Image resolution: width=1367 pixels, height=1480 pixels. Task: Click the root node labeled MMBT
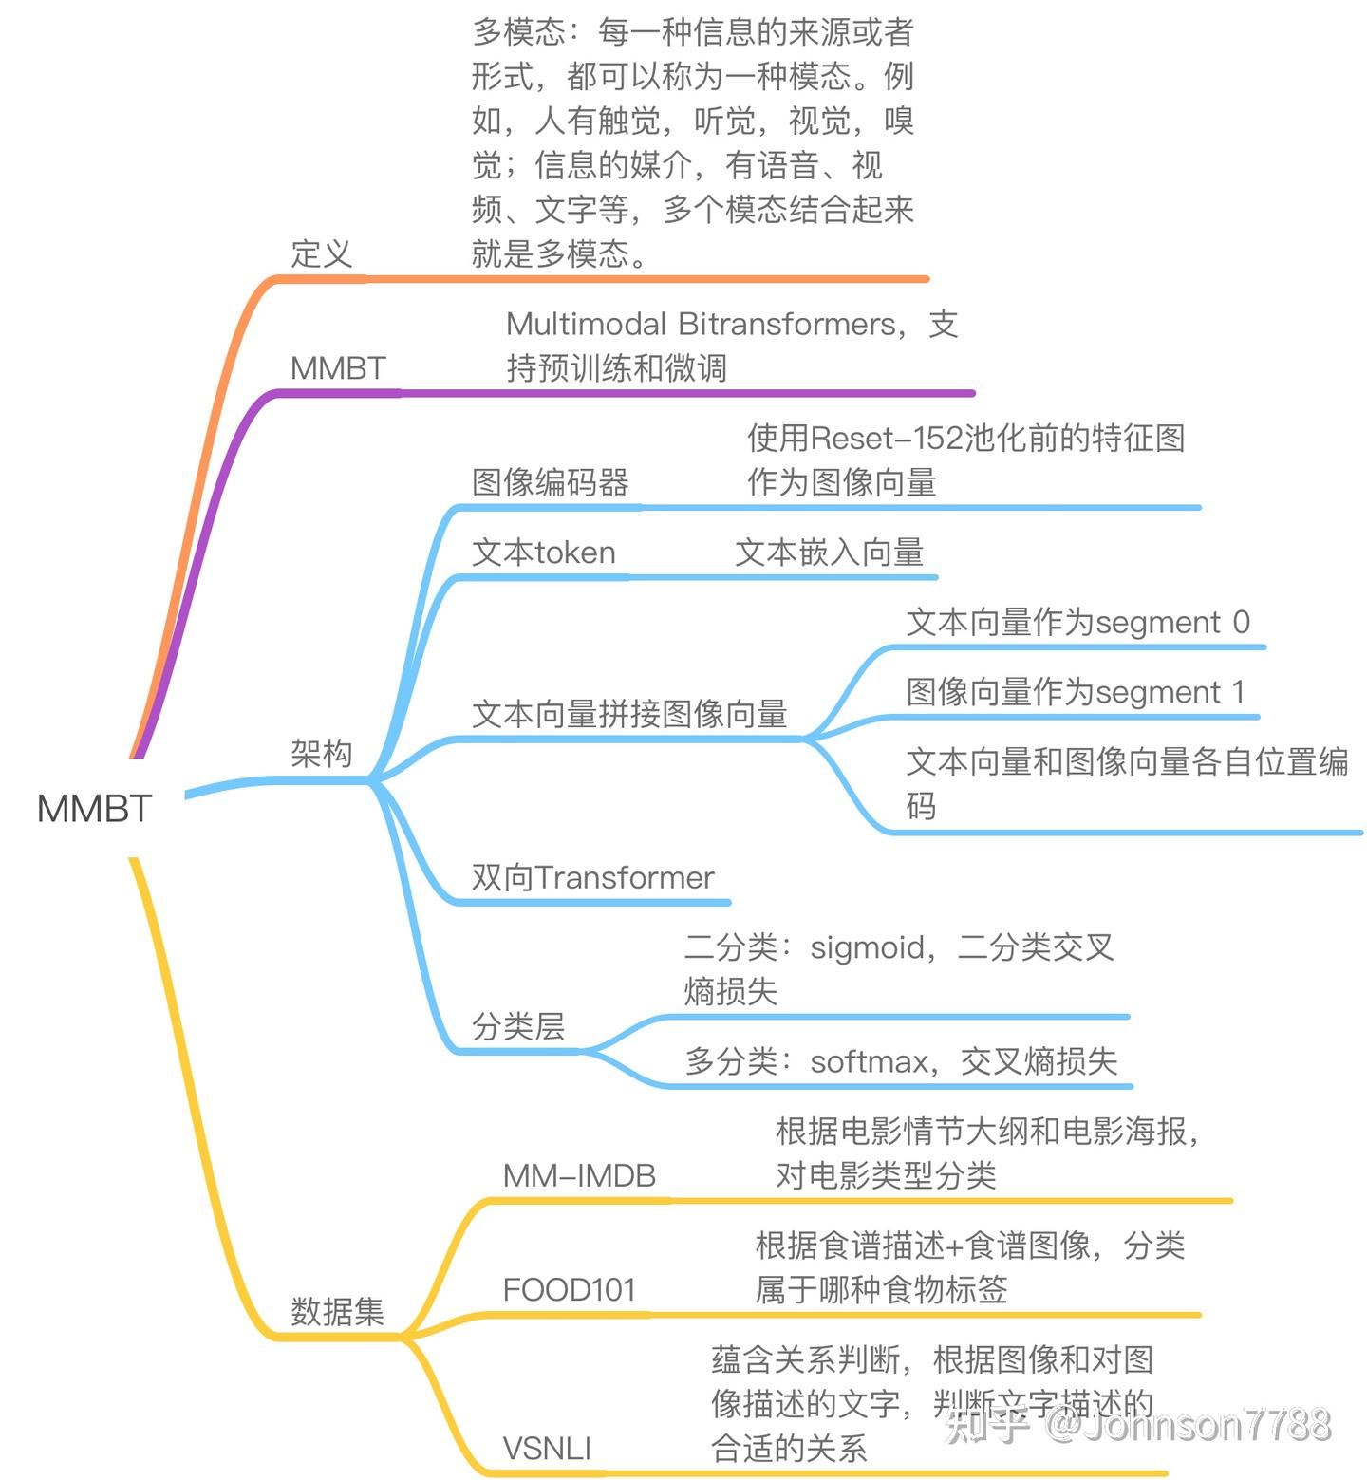click(94, 809)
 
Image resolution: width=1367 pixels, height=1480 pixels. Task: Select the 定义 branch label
click(321, 253)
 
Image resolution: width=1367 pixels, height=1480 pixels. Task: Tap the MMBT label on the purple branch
click(338, 368)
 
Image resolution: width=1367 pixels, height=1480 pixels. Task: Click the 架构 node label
click(321, 754)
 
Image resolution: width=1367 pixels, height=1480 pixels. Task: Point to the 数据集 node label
click(337, 1312)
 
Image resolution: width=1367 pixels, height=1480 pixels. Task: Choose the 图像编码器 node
click(550, 482)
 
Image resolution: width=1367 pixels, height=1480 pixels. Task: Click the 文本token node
click(544, 553)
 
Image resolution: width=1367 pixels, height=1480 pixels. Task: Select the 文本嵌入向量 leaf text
click(829, 553)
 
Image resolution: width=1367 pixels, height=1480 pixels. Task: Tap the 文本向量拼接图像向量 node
click(629, 714)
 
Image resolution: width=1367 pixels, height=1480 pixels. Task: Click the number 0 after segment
click(1241, 623)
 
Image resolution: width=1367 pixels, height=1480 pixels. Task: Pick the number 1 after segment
click(1238, 692)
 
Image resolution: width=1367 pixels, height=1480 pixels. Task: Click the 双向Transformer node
click(592, 877)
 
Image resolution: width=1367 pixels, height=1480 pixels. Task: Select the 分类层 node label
click(518, 1026)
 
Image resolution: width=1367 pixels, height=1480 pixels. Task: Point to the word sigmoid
click(867, 947)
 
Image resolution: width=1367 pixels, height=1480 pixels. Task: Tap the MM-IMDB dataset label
click(579, 1176)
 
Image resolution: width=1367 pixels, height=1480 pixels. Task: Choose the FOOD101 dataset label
click(569, 1290)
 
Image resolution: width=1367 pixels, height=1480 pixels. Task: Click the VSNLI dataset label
click(547, 1449)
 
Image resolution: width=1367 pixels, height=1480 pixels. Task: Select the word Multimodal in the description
click(586, 325)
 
